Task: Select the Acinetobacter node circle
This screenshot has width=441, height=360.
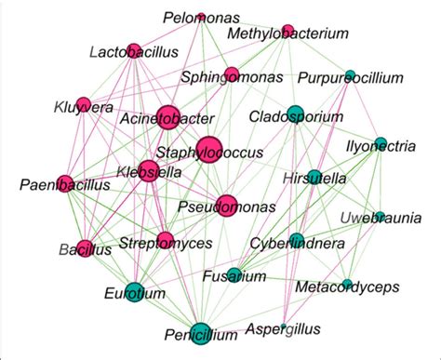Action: pyautogui.click(x=167, y=116)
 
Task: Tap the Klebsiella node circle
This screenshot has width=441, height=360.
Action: pyautogui.click(x=148, y=170)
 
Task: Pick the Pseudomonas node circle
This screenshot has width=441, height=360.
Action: pyautogui.click(x=226, y=204)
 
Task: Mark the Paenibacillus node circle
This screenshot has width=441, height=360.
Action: pyautogui.click(x=64, y=183)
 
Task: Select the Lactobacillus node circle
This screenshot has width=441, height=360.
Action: pyautogui.click(x=133, y=50)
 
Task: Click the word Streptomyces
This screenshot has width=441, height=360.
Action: pyautogui.click(x=165, y=244)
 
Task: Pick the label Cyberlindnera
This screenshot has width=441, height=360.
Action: pyautogui.click(x=298, y=244)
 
